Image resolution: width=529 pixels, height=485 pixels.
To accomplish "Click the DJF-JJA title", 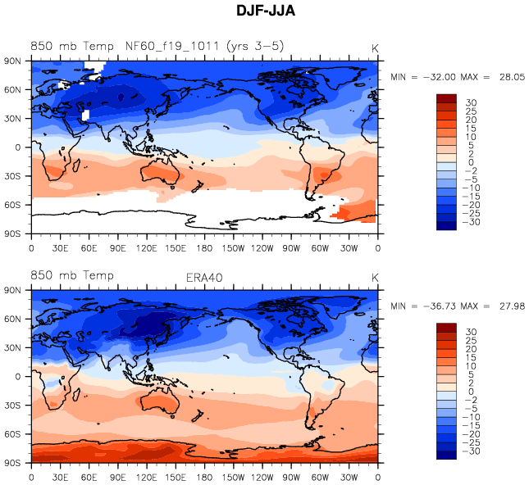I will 265,11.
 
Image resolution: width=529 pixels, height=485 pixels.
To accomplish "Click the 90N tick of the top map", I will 14,61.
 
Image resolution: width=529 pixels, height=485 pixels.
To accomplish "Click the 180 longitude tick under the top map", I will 204,247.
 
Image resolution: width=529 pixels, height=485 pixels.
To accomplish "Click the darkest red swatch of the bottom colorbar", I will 446,328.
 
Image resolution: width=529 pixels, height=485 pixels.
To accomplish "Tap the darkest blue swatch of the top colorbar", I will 446,226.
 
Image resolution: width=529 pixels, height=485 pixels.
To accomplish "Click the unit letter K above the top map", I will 374,48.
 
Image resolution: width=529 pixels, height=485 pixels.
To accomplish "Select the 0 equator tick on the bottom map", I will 18,377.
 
